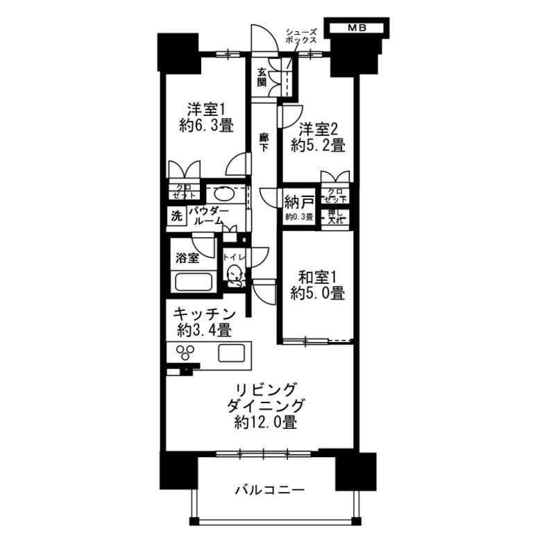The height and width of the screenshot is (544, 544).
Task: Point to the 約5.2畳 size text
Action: tap(318, 146)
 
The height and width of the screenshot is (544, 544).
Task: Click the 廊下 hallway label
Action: tap(264, 142)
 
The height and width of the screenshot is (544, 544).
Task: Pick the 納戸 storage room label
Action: tap(299, 202)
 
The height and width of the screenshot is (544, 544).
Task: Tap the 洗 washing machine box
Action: tap(176, 216)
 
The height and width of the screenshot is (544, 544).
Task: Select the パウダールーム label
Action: tap(208, 214)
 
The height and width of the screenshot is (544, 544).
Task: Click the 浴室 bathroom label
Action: tap(188, 258)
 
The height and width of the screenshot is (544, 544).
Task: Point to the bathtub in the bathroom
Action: tap(192, 283)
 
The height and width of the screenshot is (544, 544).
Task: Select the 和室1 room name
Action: tap(318, 275)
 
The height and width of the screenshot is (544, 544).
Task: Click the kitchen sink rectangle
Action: tap(232, 352)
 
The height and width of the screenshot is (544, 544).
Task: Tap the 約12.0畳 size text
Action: tap(267, 423)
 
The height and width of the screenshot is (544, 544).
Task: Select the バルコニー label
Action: tap(269, 490)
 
